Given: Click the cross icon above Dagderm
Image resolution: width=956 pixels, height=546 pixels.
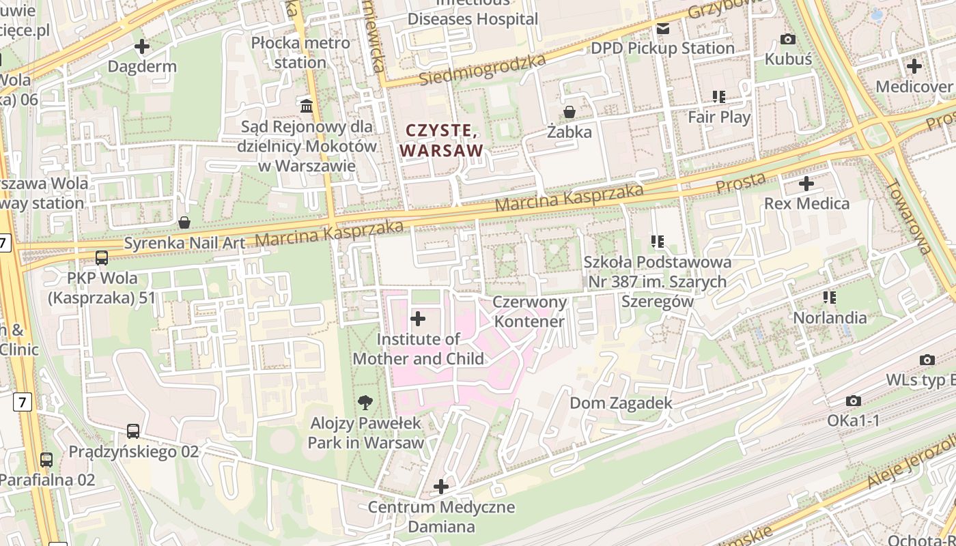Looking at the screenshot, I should pos(142,46).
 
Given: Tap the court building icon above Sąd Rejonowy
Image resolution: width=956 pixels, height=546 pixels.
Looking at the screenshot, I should pos(307,106).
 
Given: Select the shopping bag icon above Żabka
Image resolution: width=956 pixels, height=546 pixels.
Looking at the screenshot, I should pos(569,111).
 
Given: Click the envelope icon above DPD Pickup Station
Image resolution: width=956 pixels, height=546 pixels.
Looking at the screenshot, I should pos(662,29).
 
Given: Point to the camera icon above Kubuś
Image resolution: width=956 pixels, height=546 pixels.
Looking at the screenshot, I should pos(788,39).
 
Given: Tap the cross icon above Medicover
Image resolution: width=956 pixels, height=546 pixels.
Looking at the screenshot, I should pos(914,66).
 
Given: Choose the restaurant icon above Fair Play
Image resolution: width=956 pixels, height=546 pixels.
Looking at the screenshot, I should pos(718,97).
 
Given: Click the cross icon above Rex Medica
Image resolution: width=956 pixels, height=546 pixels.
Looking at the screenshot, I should pos(806,183).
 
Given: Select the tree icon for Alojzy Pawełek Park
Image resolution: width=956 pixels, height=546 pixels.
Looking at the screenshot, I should pos(365,403).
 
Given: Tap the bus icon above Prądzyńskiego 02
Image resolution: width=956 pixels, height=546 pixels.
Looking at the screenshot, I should pos(133,431).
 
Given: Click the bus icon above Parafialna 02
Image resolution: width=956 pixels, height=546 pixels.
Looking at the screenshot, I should pos(46,459).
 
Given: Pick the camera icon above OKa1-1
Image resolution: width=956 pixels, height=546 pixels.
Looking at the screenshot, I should pos(854,401).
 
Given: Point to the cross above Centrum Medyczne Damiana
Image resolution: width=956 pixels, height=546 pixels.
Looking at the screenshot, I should pos(441,487).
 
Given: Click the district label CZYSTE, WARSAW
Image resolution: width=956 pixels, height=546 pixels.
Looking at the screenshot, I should pos(441,140).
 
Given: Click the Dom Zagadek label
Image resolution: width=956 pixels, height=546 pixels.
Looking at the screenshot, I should pos(621,403).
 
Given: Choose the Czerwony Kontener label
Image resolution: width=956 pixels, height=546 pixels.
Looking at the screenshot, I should pos(530,311).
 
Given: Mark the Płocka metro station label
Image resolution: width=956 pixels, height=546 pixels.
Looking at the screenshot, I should pos(300,53).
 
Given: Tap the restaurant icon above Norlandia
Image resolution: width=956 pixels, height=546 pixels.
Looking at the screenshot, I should pos(830,297).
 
